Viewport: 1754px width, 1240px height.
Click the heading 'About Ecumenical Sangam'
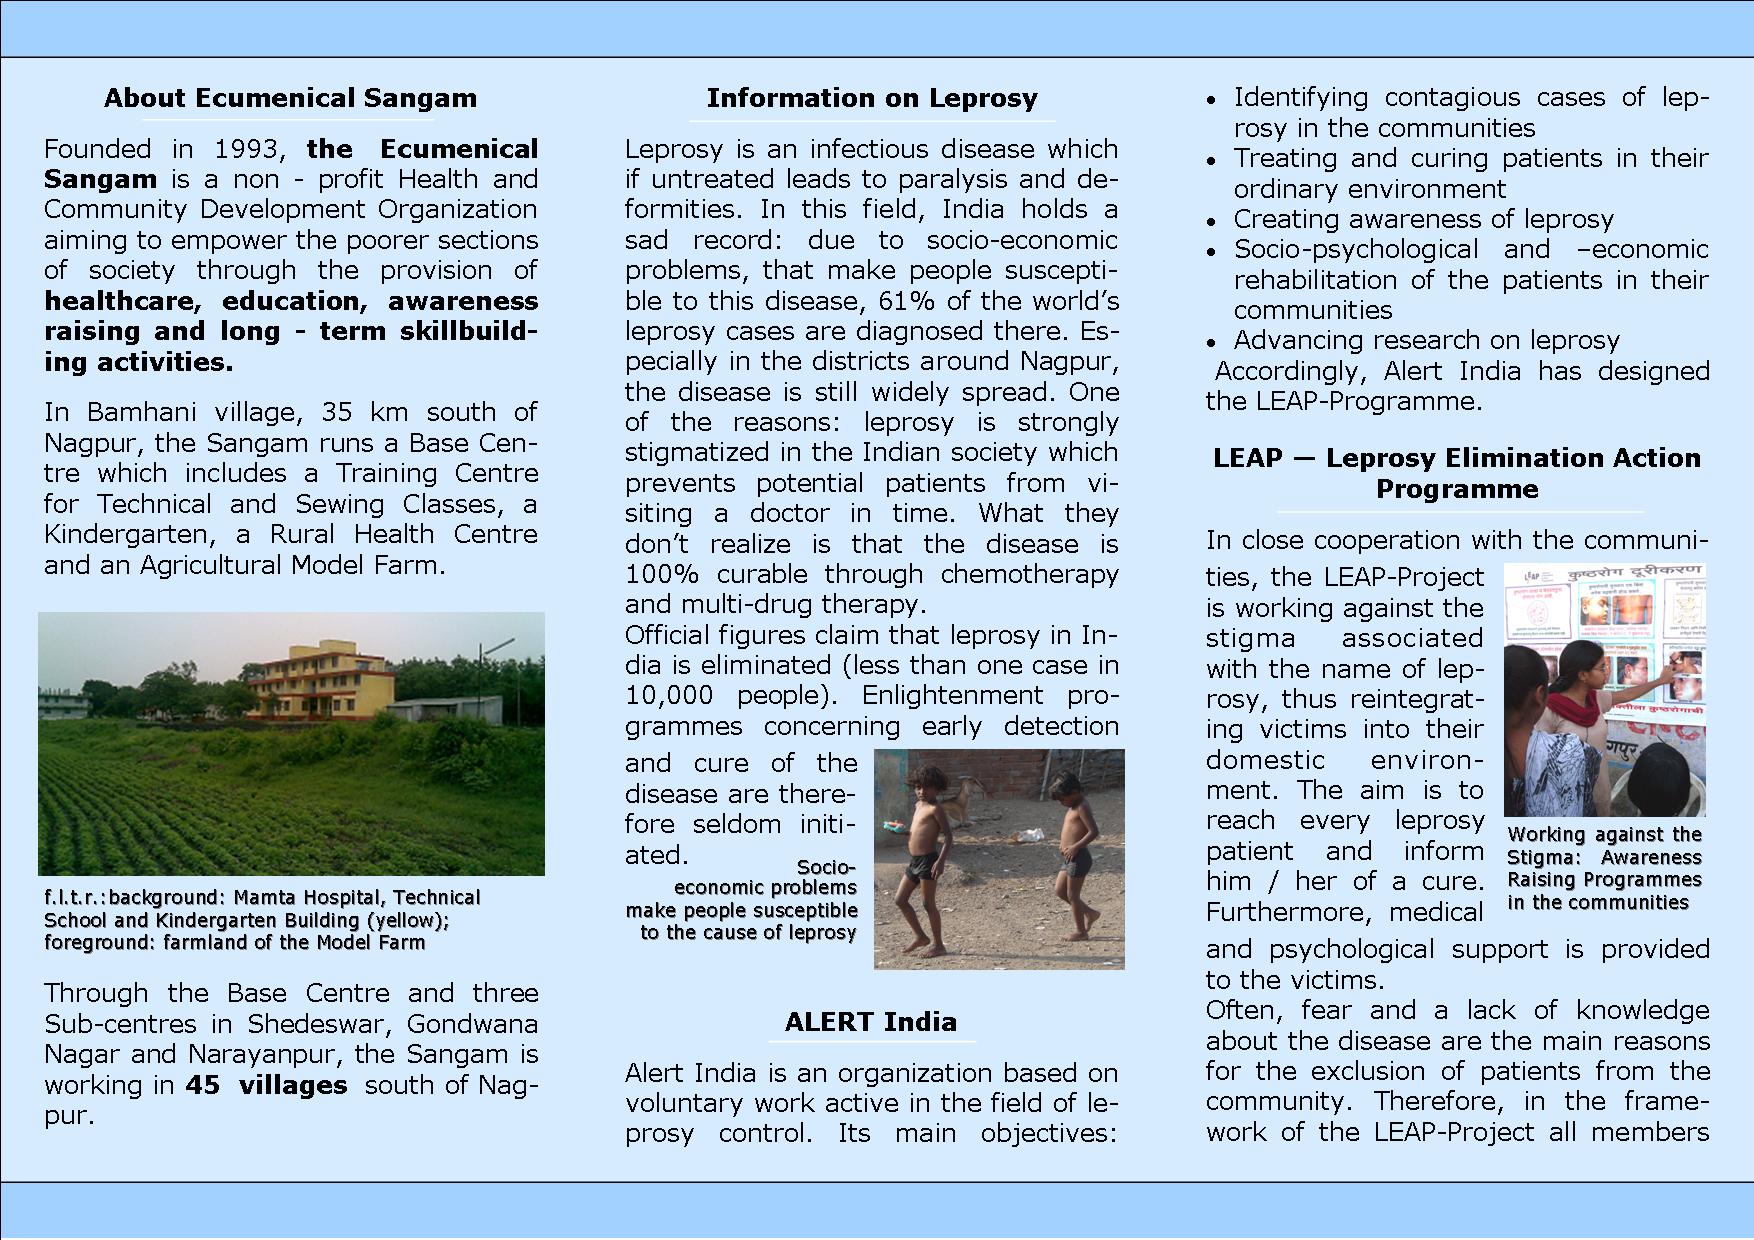coord(290,98)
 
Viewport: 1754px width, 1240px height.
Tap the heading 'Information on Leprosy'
coord(871,98)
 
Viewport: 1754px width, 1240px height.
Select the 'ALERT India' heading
coord(870,1022)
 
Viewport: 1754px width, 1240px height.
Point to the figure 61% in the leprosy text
coord(907,301)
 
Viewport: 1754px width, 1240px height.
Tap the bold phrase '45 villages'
coord(266,1085)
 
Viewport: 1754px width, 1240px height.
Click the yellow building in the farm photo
coord(320,680)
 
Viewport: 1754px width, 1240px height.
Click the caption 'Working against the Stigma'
coord(1604,868)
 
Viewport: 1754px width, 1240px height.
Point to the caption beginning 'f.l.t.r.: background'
coord(262,920)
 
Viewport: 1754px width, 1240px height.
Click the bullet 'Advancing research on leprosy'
coord(1425,340)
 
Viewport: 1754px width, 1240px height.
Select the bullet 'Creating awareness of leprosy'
coord(1422,219)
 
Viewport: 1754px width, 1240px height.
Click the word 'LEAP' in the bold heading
coord(1247,458)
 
